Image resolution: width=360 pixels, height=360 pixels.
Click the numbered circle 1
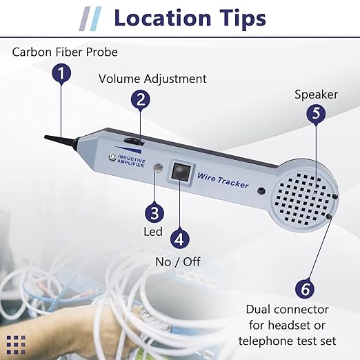click(61, 73)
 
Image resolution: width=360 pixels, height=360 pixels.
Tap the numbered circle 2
click(141, 100)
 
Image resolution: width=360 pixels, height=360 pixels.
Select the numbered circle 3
click(154, 213)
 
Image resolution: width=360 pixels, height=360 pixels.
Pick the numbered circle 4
click(180, 239)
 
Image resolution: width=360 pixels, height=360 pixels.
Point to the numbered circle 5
click(316, 113)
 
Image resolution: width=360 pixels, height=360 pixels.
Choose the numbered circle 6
click(305, 289)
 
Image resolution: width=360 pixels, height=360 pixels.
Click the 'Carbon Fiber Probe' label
click(65, 52)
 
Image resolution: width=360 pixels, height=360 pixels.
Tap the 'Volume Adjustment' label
click(152, 79)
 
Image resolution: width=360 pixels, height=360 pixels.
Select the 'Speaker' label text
click(316, 94)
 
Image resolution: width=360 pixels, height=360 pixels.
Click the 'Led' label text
click(153, 232)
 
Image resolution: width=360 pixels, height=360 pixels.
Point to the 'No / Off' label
click(178, 262)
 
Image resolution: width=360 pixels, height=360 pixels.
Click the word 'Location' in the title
click(163, 18)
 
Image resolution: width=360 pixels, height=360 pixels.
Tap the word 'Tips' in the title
click(243, 19)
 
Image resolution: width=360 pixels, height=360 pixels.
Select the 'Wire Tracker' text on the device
click(223, 181)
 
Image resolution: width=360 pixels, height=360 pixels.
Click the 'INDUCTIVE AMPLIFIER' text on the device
click(131, 161)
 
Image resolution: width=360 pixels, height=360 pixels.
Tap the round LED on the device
click(159, 168)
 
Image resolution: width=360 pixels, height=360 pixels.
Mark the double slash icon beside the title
click(90, 19)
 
